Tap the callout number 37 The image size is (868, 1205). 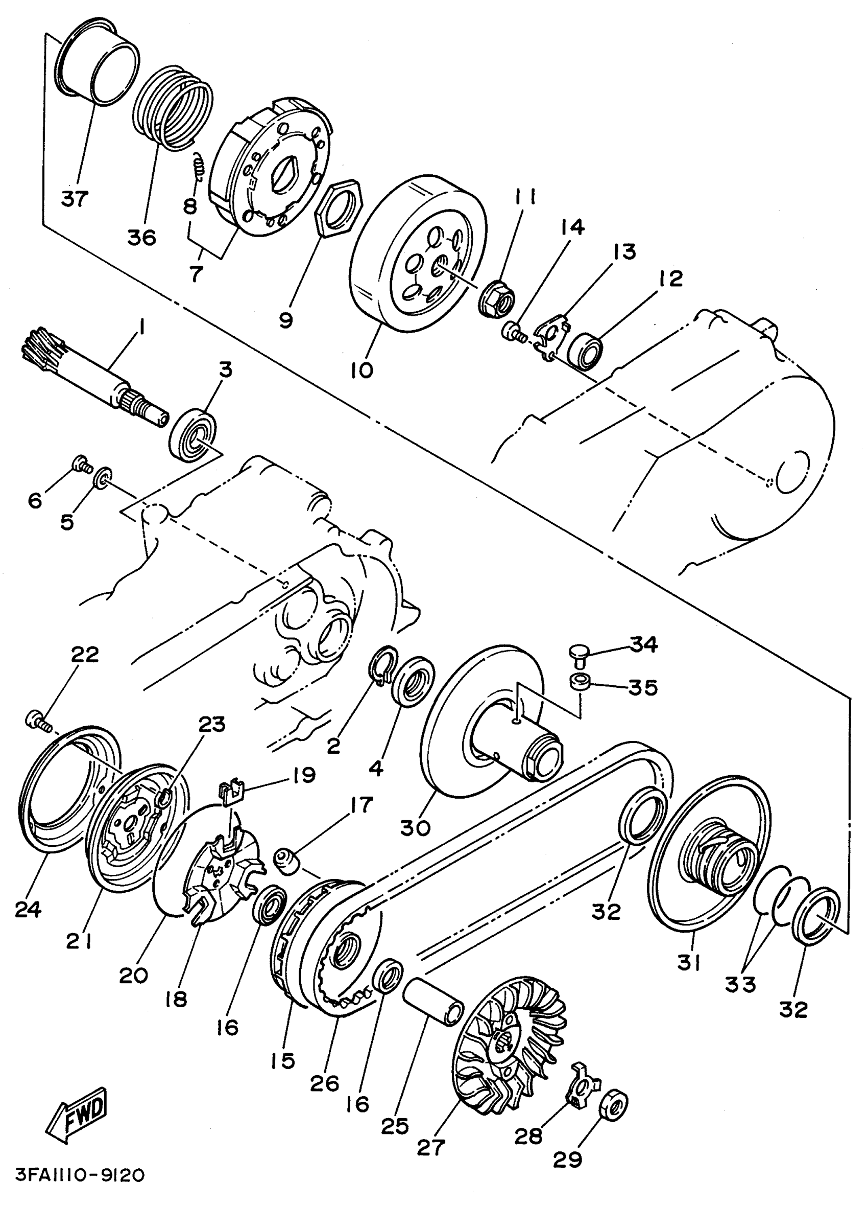[x=75, y=199]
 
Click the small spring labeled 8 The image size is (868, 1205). [x=198, y=166]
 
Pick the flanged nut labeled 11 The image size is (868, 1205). [x=499, y=300]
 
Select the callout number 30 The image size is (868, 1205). [x=415, y=827]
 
